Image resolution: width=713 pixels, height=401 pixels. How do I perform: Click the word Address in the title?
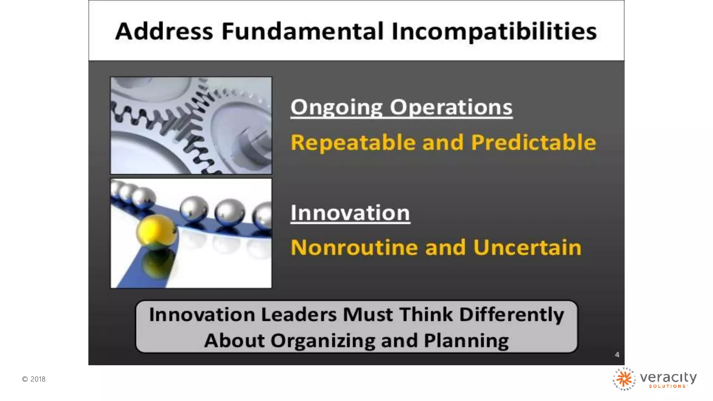pos(164,31)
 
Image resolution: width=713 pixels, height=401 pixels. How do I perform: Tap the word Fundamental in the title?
pos(302,31)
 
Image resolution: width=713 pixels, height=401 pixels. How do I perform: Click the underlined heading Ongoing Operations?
pos(401,107)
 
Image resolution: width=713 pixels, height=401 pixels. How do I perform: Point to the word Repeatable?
pos(353,143)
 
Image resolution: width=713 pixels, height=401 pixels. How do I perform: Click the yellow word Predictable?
pos(533,143)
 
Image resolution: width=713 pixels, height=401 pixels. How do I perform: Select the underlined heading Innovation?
pos(350,213)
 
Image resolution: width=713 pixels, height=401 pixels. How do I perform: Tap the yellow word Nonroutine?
pos(354,248)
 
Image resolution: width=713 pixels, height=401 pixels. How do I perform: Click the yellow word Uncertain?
pos(527,248)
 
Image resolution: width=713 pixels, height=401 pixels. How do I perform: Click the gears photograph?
pos(191,125)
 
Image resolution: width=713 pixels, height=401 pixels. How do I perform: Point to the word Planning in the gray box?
pos(466,341)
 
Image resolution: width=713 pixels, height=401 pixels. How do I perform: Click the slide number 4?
pos(617,355)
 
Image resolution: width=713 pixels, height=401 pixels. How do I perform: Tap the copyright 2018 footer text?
pos(34,379)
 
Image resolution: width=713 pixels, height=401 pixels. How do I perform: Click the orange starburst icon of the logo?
pos(624,379)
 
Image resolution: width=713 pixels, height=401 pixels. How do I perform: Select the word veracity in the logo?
pos(668,377)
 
